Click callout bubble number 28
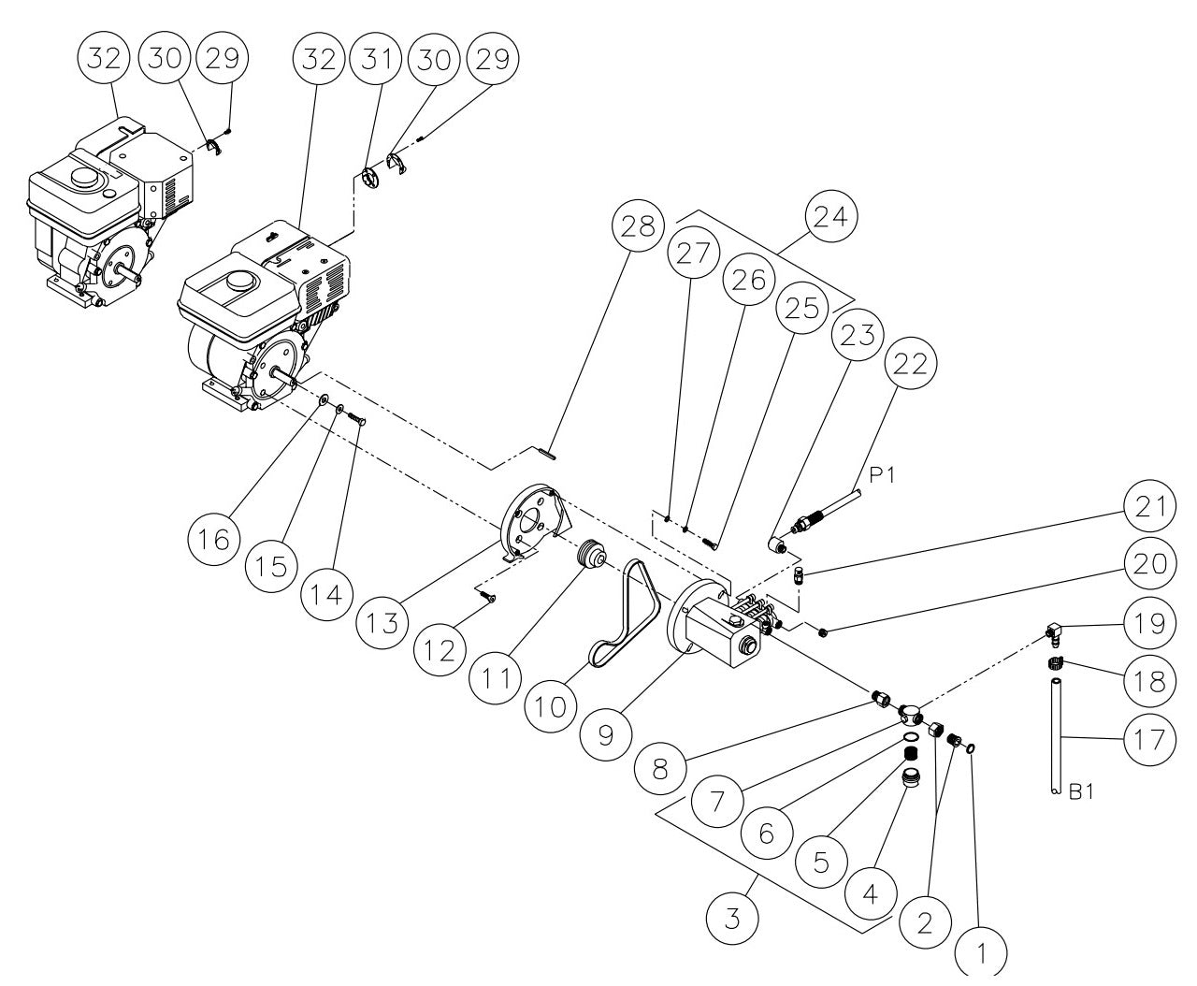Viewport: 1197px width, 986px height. (x=638, y=228)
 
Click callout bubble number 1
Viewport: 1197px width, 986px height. (x=981, y=954)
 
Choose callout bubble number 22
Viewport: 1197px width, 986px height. (x=910, y=365)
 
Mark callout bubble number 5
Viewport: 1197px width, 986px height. (x=820, y=862)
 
